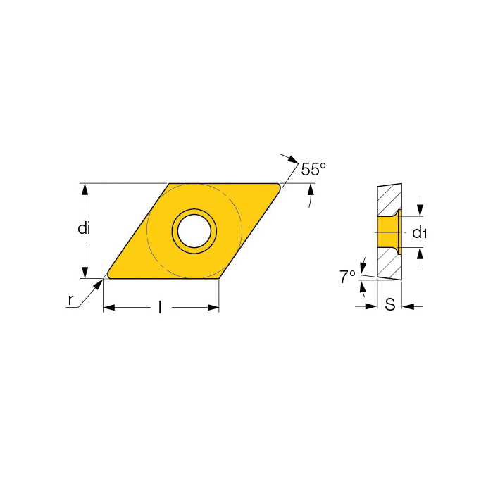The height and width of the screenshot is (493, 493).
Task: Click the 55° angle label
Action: pos(313,169)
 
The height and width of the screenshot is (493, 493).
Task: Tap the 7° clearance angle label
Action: pos(347,277)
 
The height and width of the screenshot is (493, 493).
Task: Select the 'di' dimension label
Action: pos(84,228)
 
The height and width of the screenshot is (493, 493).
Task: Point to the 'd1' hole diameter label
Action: pos(419,232)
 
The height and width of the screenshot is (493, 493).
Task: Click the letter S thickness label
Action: pos(390,304)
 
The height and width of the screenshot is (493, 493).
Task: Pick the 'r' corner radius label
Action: pos(70,300)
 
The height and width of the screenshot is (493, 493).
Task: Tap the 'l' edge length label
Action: pos(160,307)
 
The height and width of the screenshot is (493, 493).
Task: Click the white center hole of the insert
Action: pos(194,231)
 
